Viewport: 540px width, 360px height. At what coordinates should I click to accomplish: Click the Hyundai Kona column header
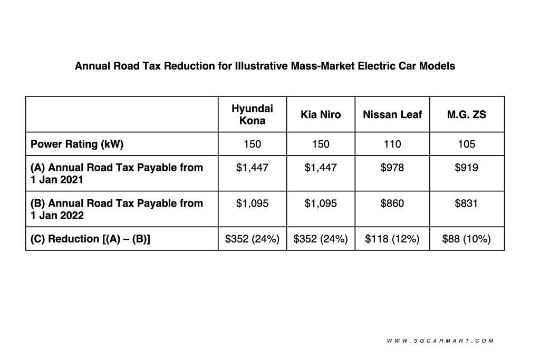pyautogui.click(x=252, y=114)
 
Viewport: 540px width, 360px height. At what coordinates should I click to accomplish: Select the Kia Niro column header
pyautogui.click(x=321, y=114)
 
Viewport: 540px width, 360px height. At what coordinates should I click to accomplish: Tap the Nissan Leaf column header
pyautogui.click(x=392, y=114)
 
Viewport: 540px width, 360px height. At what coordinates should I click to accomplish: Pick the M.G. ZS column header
pyautogui.click(x=467, y=114)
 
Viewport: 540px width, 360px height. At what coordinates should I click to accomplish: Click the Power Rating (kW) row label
pyautogui.click(x=77, y=144)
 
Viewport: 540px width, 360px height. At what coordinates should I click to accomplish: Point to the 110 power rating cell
pyautogui.click(x=392, y=144)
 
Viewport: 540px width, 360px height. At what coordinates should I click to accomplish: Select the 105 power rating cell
pyautogui.click(x=467, y=144)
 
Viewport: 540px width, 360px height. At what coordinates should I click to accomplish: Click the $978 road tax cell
pyautogui.click(x=392, y=168)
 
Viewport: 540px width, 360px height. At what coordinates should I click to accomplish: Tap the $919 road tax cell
pyautogui.click(x=467, y=168)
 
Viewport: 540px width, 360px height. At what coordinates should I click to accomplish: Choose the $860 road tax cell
pyautogui.click(x=392, y=203)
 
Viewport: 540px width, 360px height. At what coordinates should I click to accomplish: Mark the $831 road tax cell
pyautogui.click(x=467, y=203)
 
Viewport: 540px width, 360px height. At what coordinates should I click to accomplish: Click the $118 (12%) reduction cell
pyautogui.click(x=392, y=239)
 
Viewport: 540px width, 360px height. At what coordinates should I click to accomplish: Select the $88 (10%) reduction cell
pyautogui.click(x=467, y=239)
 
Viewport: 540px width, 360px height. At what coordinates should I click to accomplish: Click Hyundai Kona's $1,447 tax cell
pyautogui.click(x=252, y=168)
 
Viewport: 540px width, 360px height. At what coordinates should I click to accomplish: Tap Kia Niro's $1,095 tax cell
pyautogui.click(x=321, y=203)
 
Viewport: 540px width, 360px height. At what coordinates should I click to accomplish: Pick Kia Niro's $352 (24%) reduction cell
pyautogui.click(x=321, y=239)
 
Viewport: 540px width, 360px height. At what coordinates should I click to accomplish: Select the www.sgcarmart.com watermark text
pyautogui.click(x=440, y=341)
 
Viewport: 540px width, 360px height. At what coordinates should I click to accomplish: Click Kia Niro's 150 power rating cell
pyautogui.click(x=321, y=144)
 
